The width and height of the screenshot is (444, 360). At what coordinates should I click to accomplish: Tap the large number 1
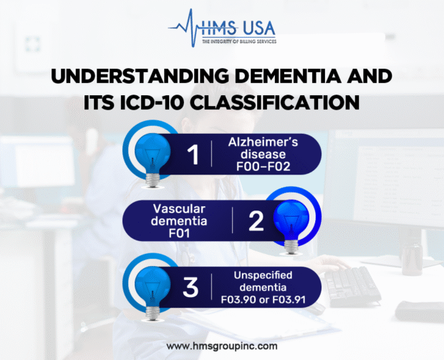pyautogui.click(x=193, y=155)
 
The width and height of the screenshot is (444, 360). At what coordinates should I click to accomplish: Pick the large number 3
pyautogui.click(x=191, y=287)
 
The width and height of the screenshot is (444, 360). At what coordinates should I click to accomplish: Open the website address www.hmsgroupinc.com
pyautogui.click(x=222, y=346)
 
